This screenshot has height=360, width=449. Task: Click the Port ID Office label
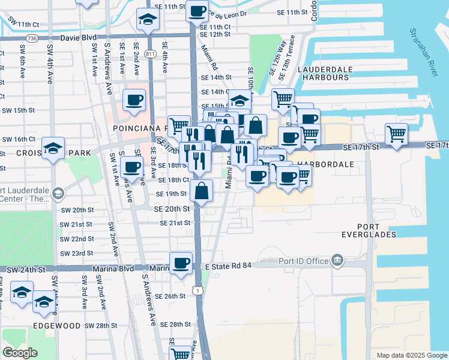[x=304, y=261]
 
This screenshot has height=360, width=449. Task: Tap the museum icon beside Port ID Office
[x=337, y=260]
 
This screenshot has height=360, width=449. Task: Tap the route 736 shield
[x=32, y=38]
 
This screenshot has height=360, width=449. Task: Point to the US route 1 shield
[x=198, y=290]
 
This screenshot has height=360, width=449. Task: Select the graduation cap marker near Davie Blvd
[x=146, y=19]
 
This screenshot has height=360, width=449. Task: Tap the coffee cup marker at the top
[x=197, y=10]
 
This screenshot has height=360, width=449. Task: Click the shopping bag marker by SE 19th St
[x=202, y=191]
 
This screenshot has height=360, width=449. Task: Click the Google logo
[x=20, y=353]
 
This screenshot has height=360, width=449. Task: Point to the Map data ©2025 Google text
[x=411, y=355]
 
